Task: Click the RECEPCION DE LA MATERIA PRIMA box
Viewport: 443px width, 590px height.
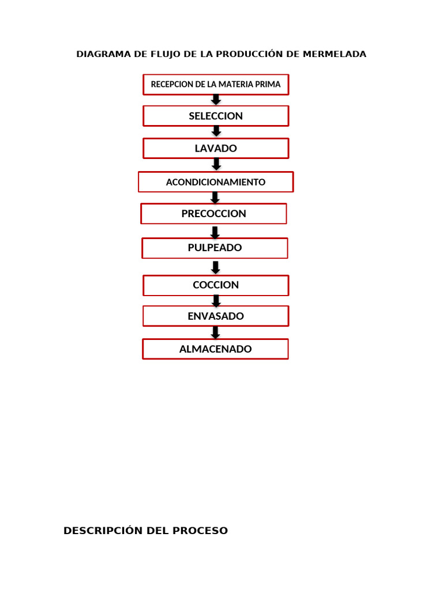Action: click(216, 84)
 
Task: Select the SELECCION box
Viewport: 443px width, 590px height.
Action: click(216, 116)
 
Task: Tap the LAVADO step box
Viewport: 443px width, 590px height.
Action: click(216, 148)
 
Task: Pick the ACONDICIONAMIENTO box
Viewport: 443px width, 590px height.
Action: click(216, 182)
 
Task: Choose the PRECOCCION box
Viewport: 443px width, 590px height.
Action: click(213, 214)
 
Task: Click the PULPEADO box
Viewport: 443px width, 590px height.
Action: click(215, 248)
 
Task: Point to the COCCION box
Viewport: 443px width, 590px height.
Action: click(216, 285)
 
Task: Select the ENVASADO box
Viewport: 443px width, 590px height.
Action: click(216, 316)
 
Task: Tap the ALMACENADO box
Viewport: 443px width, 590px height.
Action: click(216, 349)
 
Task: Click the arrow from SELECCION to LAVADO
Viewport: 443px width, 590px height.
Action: click(216, 131)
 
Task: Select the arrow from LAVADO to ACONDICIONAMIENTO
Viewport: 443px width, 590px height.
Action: click(216, 164)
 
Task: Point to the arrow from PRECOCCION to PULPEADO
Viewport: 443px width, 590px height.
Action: click(215, 233)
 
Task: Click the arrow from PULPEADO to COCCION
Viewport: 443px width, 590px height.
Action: click(216, 268)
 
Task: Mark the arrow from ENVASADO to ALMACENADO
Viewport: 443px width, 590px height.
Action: click(216, 332)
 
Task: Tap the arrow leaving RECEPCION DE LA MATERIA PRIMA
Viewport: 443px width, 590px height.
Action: click(216, 100)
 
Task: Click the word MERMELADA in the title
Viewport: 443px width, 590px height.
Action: click(335, 54)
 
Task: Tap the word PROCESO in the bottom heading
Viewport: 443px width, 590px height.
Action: click(200, 531)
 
